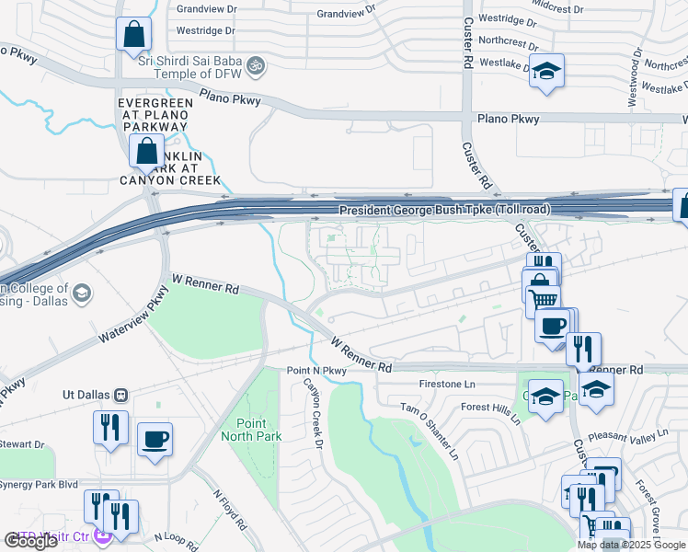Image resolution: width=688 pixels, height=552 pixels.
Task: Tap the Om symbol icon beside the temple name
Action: tap(258, 65)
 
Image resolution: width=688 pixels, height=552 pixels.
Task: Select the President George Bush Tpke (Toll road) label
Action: tap(444, 211)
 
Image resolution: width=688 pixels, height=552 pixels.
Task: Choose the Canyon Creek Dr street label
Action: tap(314, 414)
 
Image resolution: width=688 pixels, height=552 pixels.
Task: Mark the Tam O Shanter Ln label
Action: tap(428, 430)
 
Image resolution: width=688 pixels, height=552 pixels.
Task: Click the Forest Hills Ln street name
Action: tap(490, 412)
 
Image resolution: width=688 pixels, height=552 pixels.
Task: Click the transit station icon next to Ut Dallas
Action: tap(120, 395)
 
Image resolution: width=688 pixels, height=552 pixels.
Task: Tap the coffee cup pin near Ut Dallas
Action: tap(155, 438)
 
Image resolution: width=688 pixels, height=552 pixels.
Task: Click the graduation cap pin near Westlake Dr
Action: tap(546, 72)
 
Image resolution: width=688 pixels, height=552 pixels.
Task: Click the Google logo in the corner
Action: tap(30, 540)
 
